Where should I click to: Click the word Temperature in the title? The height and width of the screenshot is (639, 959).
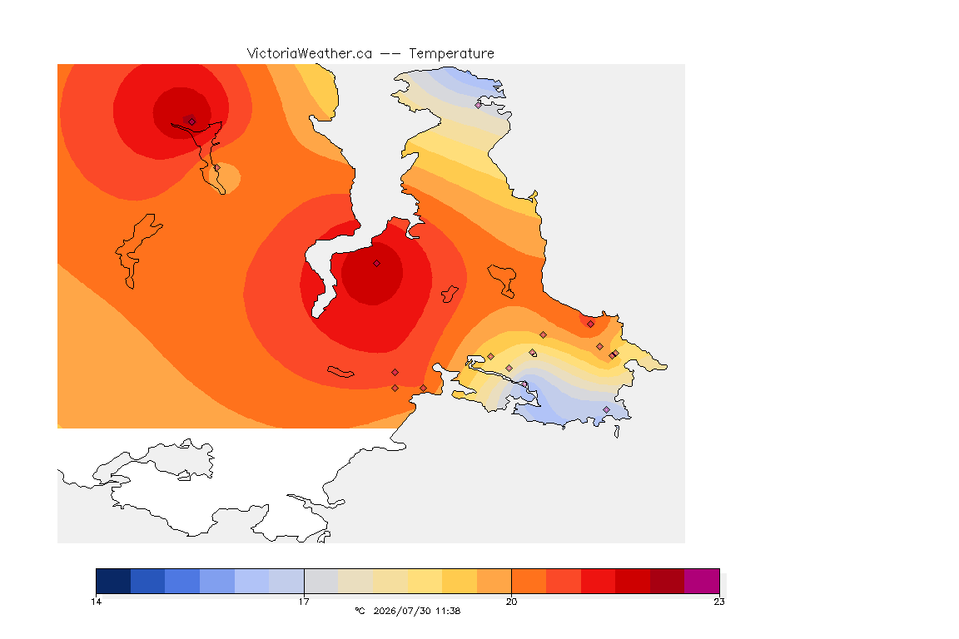(x=451, y=54)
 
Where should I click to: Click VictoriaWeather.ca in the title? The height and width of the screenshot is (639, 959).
(x=310, y=54)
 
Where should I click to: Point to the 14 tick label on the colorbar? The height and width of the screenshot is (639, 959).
(x=96, y=602)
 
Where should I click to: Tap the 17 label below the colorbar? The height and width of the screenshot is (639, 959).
(x=304, y=602)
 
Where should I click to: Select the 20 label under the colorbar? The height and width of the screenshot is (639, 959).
(x=511, y=602)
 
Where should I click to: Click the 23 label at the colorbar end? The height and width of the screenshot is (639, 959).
(x=719, y=602)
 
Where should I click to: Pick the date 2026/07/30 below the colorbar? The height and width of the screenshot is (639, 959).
(x=402, y=611)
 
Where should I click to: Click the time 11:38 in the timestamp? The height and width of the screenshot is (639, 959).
(x=449, y=611)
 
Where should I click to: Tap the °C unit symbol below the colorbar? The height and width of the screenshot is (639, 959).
(x=360, y=611)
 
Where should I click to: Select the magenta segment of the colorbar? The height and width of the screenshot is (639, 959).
(x=702, y=581)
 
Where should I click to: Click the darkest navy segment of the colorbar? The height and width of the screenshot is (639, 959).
(x=113, y=581)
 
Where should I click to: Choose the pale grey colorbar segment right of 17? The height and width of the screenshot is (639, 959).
(x=321, y=581)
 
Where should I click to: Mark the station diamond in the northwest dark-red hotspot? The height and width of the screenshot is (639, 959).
(x=192, y=121)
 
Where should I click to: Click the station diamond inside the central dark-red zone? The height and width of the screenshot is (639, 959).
(x=377, y=264)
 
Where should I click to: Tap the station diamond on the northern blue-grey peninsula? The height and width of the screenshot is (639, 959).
(x=479, y=105)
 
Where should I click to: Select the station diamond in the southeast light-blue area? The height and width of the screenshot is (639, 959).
(x=606, y=409)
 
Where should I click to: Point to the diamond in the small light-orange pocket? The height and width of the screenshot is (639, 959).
(x=216, y=168)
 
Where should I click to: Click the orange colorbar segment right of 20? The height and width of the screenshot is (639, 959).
(x=529, y=581)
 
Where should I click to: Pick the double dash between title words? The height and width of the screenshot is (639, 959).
(x=390, y=54)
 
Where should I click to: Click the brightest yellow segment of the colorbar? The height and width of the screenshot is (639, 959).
(x=425, y=581)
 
